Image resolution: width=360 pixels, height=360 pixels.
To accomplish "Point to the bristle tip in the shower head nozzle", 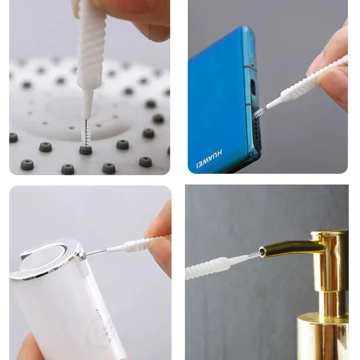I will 84,135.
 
